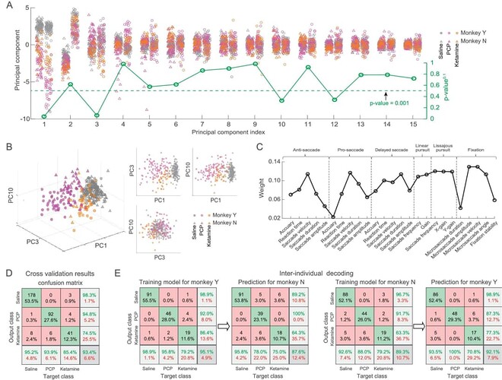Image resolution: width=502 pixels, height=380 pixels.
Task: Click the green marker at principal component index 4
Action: [x=122, y=64]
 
